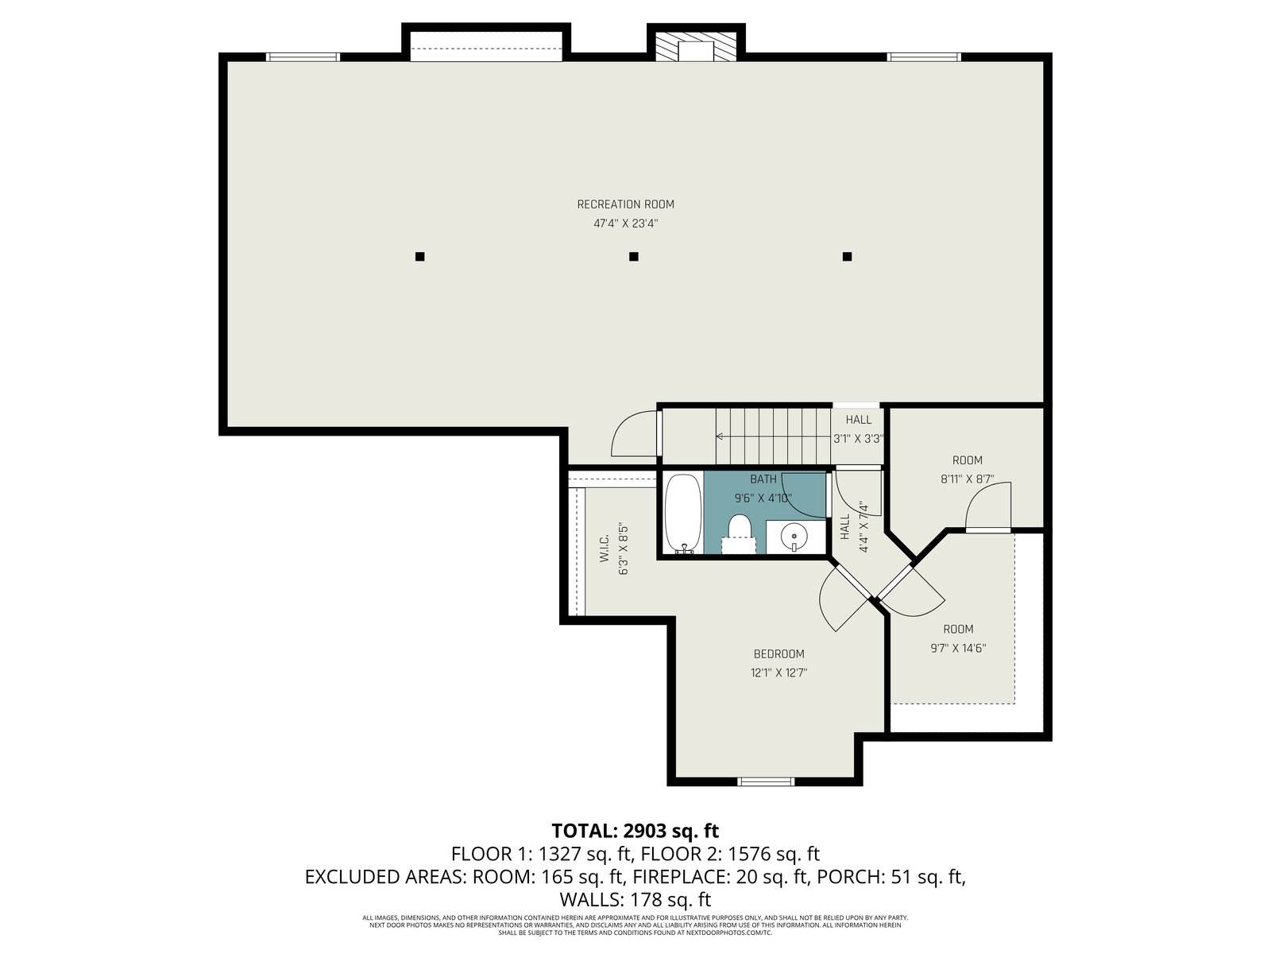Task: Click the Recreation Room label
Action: click(625, 204)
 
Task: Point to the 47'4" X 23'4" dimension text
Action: click(625, 223)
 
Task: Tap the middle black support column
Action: click(633, 257)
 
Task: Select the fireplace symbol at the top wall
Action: click(696, 46)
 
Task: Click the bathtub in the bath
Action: click(683, 514)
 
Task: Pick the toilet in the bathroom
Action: click(739, 533)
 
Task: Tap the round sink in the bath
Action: click(791, 537)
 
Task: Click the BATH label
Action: click(763, 479)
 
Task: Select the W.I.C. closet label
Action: click(604, 548)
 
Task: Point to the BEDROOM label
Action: click(778, 654)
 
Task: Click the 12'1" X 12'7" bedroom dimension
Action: click(778, 673)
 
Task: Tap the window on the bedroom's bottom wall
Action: click(766, 781)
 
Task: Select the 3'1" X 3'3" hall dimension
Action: click(858, 439)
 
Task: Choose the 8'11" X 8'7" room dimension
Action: click(967, 479)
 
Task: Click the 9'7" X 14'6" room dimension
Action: click(958, 648)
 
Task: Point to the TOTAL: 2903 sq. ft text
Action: click(635, 831)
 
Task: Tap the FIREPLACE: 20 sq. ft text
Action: click(720, 877)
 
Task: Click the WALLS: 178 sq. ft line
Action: click(635, 900)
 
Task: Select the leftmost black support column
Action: click(419, 257)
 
